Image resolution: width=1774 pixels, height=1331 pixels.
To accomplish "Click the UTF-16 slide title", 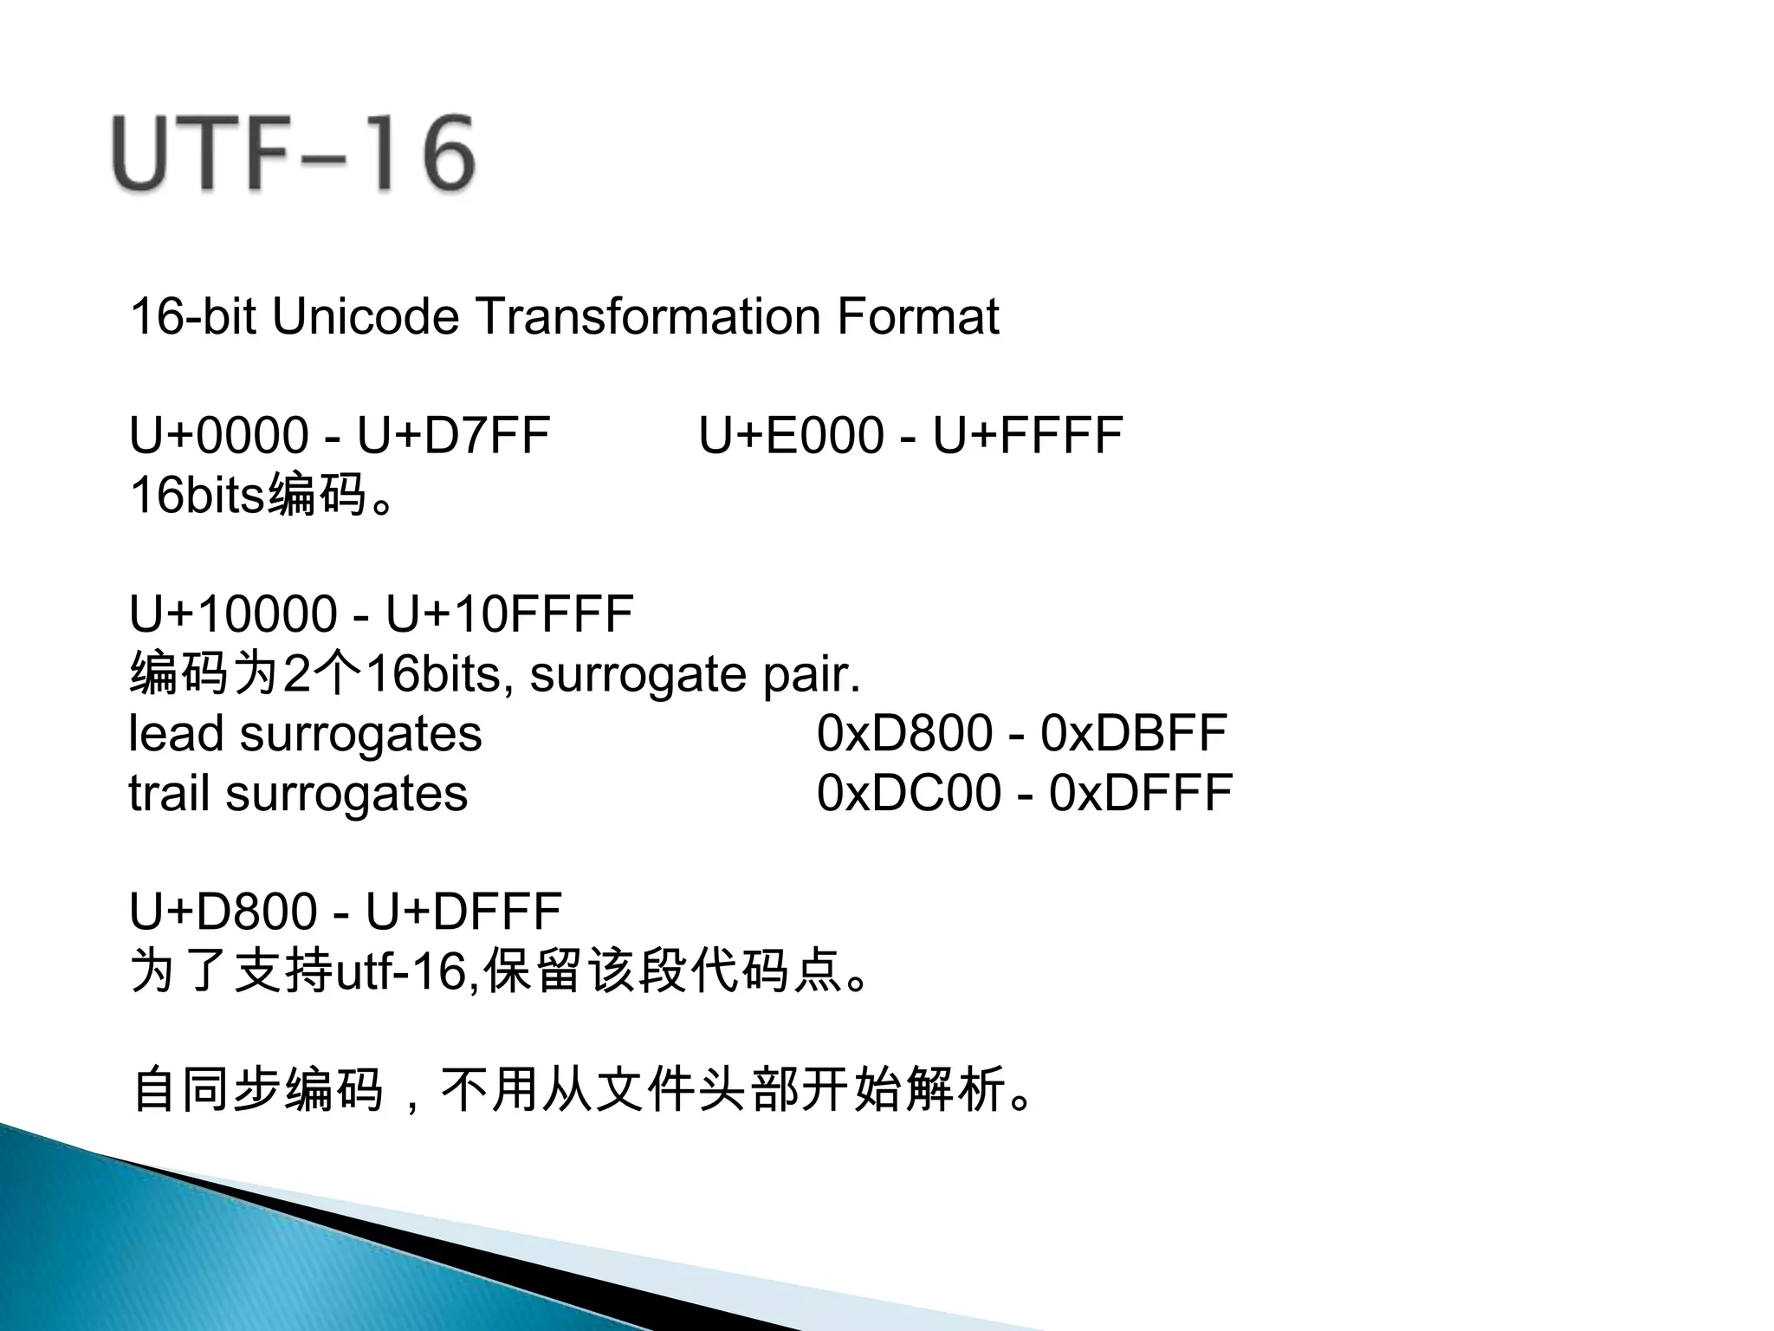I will [293, 154].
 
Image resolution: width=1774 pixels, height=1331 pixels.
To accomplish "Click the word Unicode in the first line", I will [365, 316].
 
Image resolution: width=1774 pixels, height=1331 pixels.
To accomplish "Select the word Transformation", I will [648, 316].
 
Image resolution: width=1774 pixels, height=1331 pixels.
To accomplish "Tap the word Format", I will [917, 316].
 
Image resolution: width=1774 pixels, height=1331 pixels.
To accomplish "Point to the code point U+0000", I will [218, 435].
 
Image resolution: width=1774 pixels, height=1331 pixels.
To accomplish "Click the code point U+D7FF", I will [454, 435].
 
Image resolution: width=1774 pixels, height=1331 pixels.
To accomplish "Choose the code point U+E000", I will [791, 435].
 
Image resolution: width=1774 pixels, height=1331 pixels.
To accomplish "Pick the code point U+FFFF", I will [1027, 435].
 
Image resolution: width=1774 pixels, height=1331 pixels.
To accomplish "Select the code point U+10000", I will [233, 614].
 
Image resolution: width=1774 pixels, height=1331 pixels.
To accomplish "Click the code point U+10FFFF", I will [509, 614].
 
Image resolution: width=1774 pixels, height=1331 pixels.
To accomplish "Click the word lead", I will [176, 734].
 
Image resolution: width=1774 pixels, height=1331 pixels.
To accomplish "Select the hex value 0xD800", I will [904, 734].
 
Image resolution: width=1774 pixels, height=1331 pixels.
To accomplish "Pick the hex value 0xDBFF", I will [1133, 734].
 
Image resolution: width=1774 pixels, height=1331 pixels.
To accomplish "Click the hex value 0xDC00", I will [909, 794].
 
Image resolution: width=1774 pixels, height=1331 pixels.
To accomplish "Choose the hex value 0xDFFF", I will [1141, 794].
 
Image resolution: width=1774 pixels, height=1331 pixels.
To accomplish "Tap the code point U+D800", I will [222, 912].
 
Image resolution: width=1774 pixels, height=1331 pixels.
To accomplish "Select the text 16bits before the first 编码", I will [197, 496].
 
